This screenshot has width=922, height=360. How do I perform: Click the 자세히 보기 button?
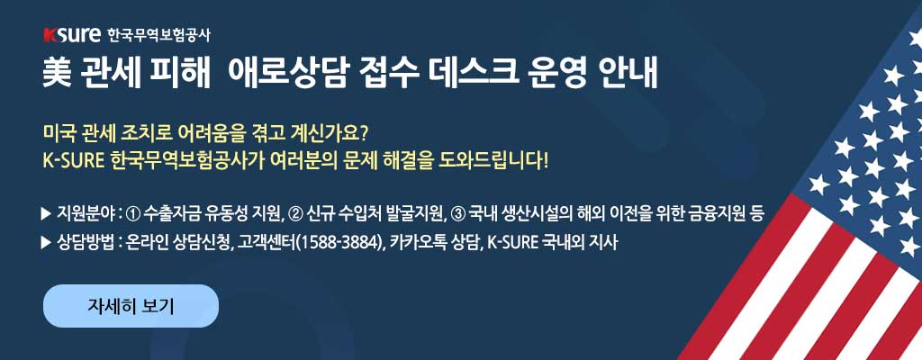click(131, 305)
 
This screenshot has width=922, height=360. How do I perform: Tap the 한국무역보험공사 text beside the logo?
click(158, 36)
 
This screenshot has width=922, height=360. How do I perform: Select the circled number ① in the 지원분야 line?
click(133, 213)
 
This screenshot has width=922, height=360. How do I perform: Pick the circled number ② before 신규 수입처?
click(294, 213)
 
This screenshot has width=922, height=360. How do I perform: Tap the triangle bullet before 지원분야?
click(47, 213)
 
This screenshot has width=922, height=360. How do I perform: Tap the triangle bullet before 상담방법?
click(47, 242)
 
